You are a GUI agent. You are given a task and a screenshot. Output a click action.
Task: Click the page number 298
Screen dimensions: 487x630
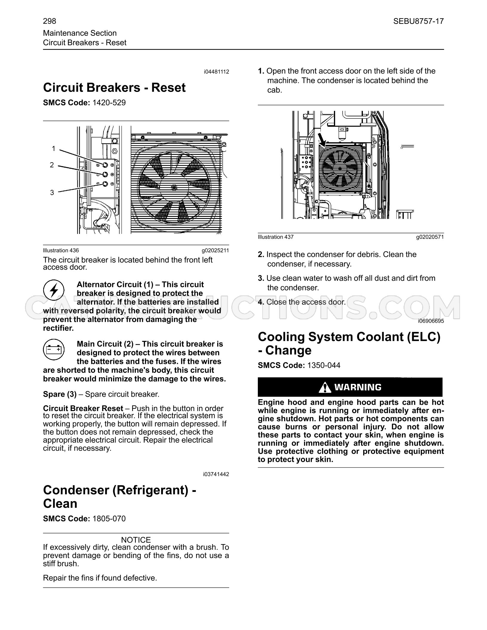pos(50,21)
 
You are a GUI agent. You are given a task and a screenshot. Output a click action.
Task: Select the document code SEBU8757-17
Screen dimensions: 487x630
pos(418,21)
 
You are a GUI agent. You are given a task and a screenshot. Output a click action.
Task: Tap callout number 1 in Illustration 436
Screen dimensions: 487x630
pos(53,149)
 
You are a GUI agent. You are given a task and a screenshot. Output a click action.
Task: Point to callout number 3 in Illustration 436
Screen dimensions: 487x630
pos(52,193)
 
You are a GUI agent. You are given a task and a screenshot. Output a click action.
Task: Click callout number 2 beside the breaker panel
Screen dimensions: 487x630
pos(52,165)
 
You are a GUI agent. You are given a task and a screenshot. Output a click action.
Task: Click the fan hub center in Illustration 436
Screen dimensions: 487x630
pos(174,187)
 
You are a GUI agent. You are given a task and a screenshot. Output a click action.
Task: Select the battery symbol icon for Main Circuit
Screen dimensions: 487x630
pos(54,349)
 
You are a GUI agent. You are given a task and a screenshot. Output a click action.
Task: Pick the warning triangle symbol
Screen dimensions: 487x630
pos(325,387)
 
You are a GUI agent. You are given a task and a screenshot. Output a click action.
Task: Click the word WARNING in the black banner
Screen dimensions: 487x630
pos(358,387)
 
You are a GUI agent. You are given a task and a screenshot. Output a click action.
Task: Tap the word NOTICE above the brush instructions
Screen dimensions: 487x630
pos(136,540)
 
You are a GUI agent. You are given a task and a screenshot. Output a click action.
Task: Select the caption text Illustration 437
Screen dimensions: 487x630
pos(276,237)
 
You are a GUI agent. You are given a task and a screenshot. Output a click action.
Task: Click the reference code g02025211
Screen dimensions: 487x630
pos(215,251)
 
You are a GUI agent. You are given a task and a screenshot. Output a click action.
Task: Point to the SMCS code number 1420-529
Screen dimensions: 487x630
pos(109,103)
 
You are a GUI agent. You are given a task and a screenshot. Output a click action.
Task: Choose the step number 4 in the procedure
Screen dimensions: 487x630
pos(261,302)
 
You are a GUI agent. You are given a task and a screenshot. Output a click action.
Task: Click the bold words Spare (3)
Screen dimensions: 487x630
pos(60,394)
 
